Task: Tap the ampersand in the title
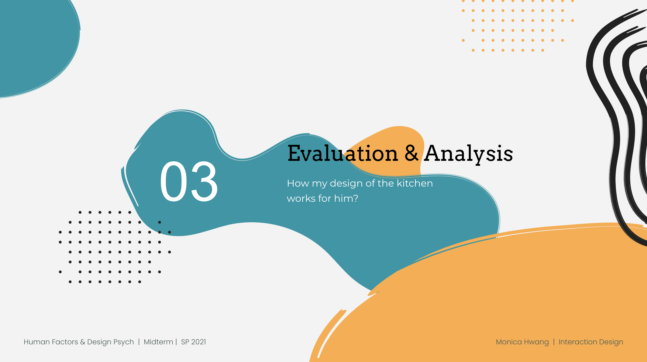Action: (411, 153)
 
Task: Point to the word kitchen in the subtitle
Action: (415, 183)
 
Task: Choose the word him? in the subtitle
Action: (346, 198)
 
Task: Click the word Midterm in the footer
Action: (158, 342)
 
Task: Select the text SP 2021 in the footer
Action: (193, 342)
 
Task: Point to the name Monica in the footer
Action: (509, 342)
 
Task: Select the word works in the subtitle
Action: (301, 199)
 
